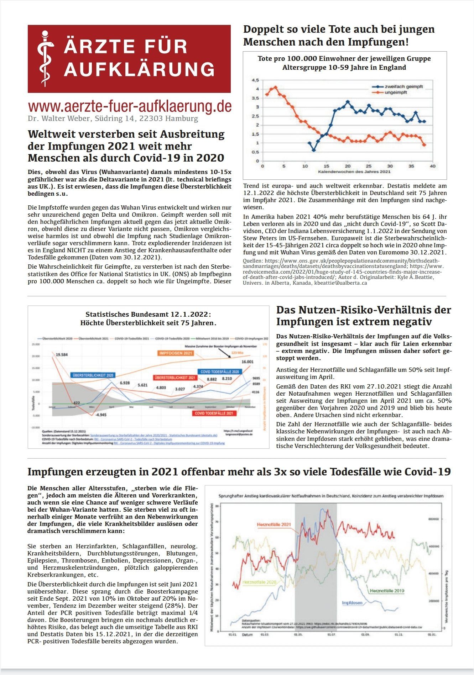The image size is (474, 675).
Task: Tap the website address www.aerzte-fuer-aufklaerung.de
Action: [130, 106]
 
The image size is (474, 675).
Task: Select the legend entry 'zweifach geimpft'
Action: [403, 86]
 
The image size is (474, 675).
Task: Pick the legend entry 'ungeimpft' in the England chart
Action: [396, 93]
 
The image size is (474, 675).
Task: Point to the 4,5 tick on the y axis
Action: [255, 80]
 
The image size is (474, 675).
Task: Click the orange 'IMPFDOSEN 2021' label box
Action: [176, 353]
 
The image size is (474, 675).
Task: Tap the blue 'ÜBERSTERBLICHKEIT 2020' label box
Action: [93, 375]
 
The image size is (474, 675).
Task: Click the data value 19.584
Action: [62, 354]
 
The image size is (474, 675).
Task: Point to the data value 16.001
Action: [247, 362]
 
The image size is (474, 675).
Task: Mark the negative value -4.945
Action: [101, 415]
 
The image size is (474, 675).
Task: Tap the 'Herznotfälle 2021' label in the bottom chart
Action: [274, 525]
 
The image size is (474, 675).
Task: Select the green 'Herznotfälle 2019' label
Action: [387, 591]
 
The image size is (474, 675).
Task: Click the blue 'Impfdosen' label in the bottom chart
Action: [352, 603]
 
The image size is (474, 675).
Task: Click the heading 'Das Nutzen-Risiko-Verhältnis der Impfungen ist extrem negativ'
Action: [363, 316]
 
